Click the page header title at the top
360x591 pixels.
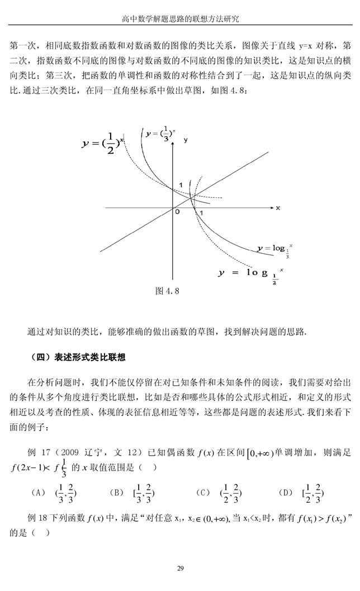point(180,18)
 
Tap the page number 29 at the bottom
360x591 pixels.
point(180,568)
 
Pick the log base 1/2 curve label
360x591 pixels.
point(252,273)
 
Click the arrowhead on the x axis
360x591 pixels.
point(270,208)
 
